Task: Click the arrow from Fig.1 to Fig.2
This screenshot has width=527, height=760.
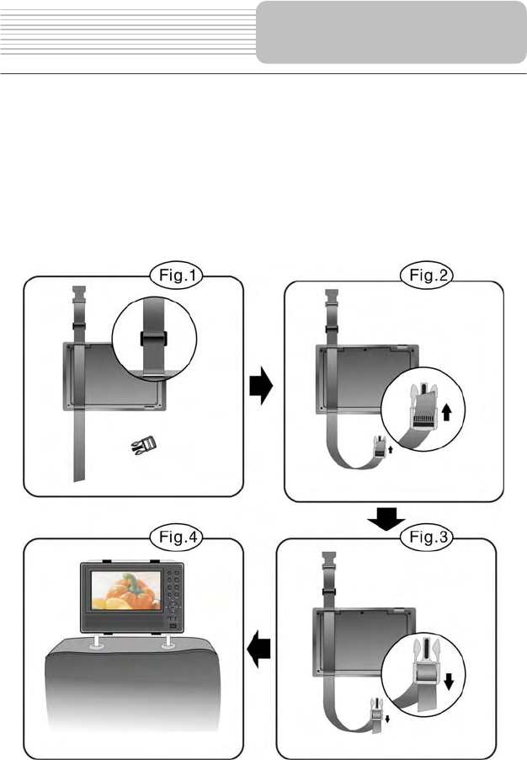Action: pyautogui.click(x=263, y=388)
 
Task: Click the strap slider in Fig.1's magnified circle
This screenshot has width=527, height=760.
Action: pyautogui.click(x=152, y=339)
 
